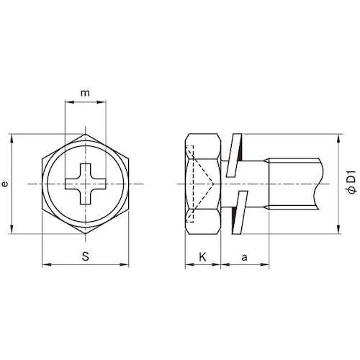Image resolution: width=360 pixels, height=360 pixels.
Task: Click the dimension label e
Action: click(x=6, y=184)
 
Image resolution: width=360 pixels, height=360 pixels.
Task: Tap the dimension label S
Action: click(x=86, y=255)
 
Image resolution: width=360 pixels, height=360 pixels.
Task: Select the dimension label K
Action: click(x=202, y=255)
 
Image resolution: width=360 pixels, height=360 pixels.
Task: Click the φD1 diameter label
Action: click(x=351, y=180)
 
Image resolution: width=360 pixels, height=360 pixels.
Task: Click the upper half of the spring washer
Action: click(x=230, y=155)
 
